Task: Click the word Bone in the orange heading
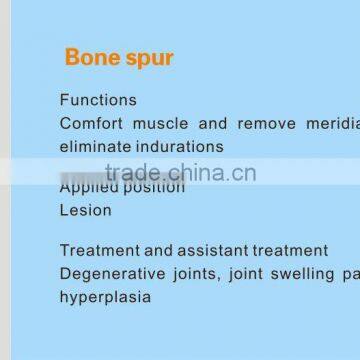click(90, 58)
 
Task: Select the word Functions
click(98, 100)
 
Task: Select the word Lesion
click(86, 210)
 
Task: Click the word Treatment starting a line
click(101, 249)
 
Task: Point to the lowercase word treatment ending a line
click(291, 249)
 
